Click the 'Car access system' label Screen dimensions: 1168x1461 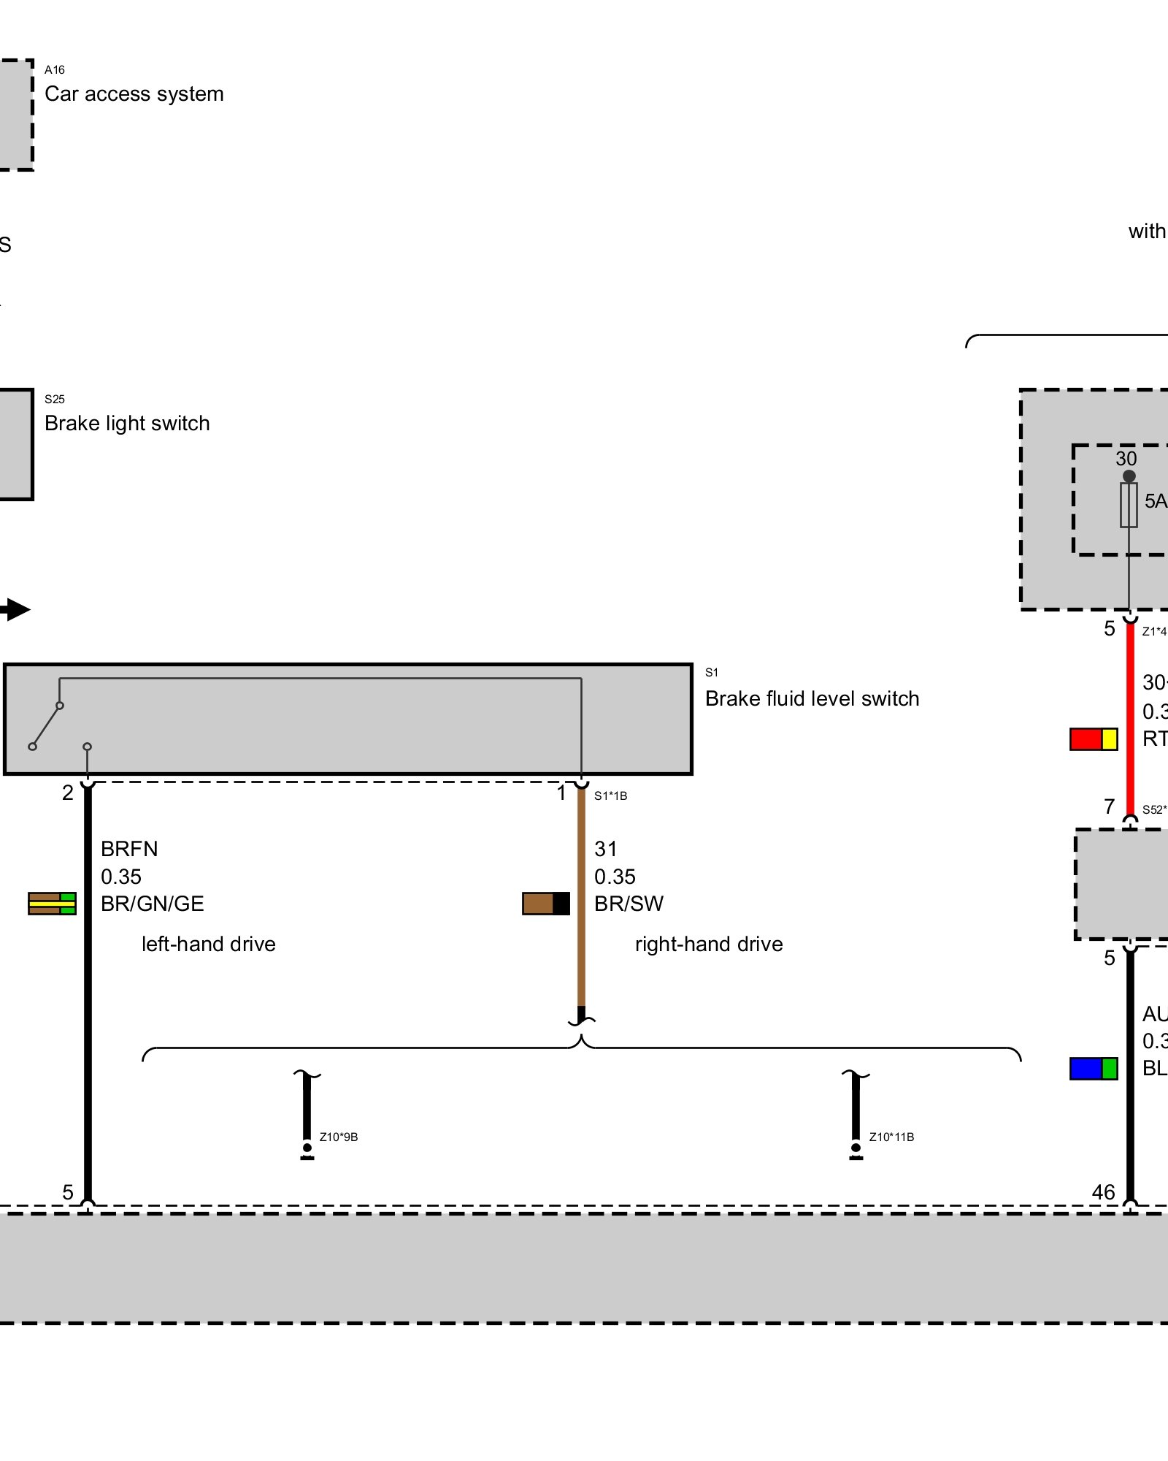tap(134, 94)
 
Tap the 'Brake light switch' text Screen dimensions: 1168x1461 tap(127, 424)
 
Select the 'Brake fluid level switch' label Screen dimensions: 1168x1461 tap(812, 699)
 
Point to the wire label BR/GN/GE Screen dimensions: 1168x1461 tap(152, 904)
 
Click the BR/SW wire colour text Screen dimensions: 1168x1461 tap(629, 904)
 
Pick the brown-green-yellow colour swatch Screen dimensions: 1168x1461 tap(52, 904)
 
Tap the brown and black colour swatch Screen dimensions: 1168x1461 tap(546, 904)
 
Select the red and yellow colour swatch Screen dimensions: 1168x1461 tap(1094, 739)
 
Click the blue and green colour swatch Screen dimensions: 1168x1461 tap(1094, 1069)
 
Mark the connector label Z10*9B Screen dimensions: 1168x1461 tap(339, 1137)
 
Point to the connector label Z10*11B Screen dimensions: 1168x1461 tap(891, 1137)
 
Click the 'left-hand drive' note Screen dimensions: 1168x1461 tap(208, 945)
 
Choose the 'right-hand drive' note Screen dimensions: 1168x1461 tap(709, 945)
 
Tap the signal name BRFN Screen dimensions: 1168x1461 tap(129, 849)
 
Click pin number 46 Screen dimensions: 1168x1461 tap(1103, 1193)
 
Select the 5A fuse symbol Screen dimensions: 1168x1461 tap(1129, 505)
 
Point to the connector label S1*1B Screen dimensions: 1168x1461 tap(610, 796)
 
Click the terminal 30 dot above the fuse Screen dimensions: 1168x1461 tap(1129, 476)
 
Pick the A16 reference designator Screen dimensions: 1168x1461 tap(55, 70)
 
